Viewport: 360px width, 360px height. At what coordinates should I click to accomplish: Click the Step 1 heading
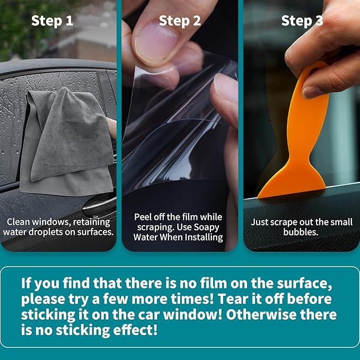point(52,21)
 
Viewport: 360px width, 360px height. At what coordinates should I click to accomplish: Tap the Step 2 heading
point(180,21)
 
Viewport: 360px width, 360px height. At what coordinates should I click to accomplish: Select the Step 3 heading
point(302,21)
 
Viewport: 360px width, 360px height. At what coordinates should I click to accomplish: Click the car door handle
point(99,205)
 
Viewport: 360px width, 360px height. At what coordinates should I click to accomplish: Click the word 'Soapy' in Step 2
point(206,227)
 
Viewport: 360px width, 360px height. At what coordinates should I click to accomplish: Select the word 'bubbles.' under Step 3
point(301,232)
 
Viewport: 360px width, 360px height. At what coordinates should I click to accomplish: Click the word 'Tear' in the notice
point(231,299)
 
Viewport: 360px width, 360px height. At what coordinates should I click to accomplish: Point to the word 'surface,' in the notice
point(304,283)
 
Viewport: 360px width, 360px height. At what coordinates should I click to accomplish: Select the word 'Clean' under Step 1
point(19,222)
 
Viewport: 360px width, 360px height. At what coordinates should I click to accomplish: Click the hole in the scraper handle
point(314,69)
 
